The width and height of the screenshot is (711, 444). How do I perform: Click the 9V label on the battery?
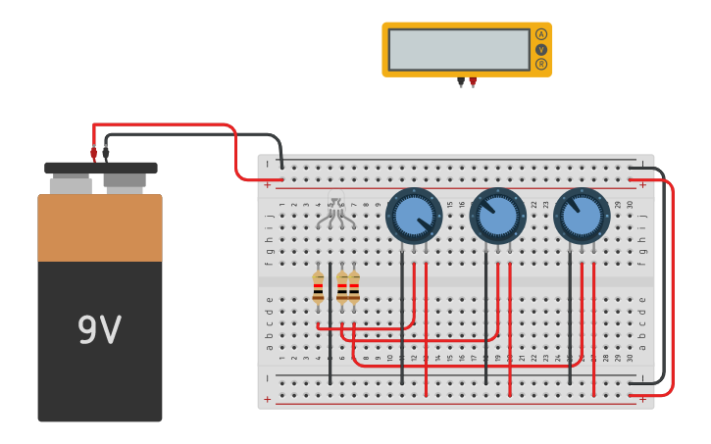(99, 330)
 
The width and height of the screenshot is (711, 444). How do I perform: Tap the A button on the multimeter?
(540, 34)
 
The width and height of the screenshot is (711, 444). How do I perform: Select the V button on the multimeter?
(540, 49)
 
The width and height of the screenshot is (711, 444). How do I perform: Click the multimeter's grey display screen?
(458, 49)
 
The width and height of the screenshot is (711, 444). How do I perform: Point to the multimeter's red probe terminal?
(473, 82)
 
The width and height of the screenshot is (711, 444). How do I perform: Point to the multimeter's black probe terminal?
(461, 82)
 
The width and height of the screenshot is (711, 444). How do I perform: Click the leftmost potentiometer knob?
(414, 216)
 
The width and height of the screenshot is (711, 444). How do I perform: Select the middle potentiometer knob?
(498, 216)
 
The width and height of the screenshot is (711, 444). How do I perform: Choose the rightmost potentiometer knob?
(582, 216)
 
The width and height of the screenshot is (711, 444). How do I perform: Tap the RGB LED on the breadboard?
(335, 213)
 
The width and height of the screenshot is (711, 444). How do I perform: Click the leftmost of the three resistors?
(318, 288)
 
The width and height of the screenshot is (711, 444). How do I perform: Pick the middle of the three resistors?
(341, 288)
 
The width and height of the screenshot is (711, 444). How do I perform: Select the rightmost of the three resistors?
(354, 288)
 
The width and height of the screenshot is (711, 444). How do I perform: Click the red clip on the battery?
(94, 153)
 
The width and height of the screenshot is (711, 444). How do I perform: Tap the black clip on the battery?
(106, 152)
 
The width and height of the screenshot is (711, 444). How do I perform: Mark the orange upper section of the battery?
(99, 228)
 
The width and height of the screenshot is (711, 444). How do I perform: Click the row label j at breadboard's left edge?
(269, 215)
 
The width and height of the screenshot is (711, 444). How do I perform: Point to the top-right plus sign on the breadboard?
(642, 184)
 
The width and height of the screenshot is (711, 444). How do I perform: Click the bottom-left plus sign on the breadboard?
(268, 399)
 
